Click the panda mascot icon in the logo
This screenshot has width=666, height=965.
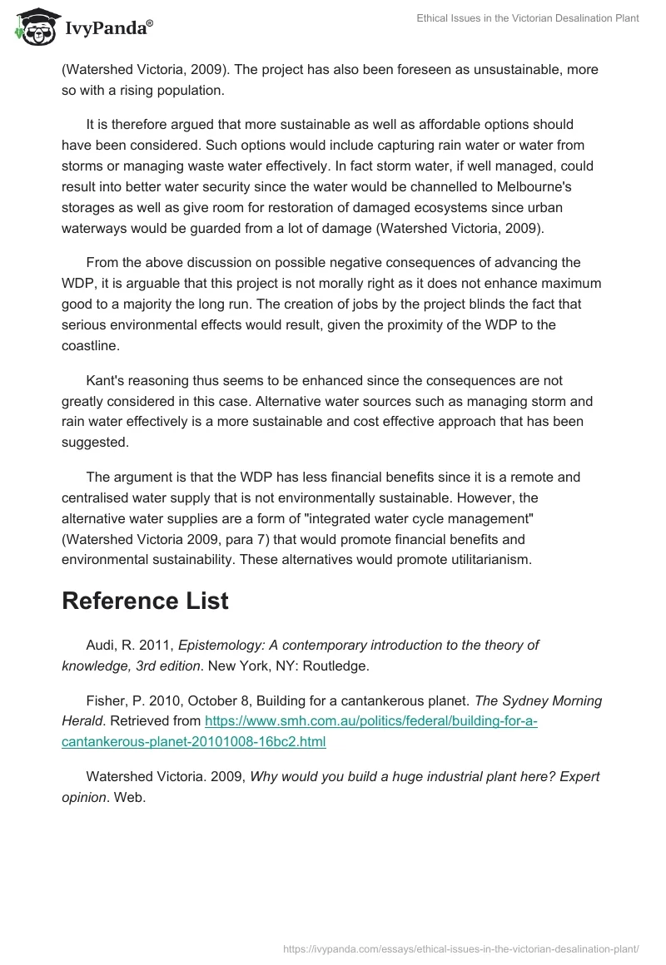coord(34,27)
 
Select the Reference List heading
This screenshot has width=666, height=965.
coord(145,601)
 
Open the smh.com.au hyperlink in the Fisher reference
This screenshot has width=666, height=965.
coord(300,731)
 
